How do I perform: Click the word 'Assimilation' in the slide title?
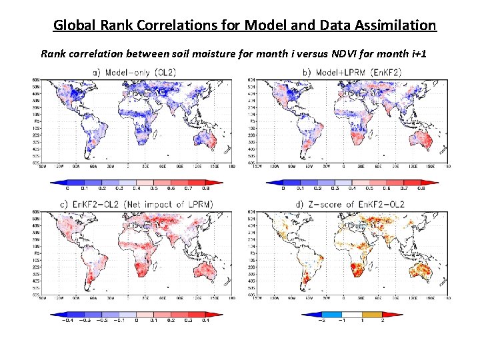(x=393, y=25)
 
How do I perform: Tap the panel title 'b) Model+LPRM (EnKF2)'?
(x=352, y=72)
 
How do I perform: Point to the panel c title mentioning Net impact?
(x=135, y=204)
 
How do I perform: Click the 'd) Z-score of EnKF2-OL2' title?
(x=352, y=204)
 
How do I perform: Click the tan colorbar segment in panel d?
(x=376, y=313)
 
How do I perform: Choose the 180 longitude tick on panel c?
(x=231, y=297)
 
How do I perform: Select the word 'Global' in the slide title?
(x=75, y=25)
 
